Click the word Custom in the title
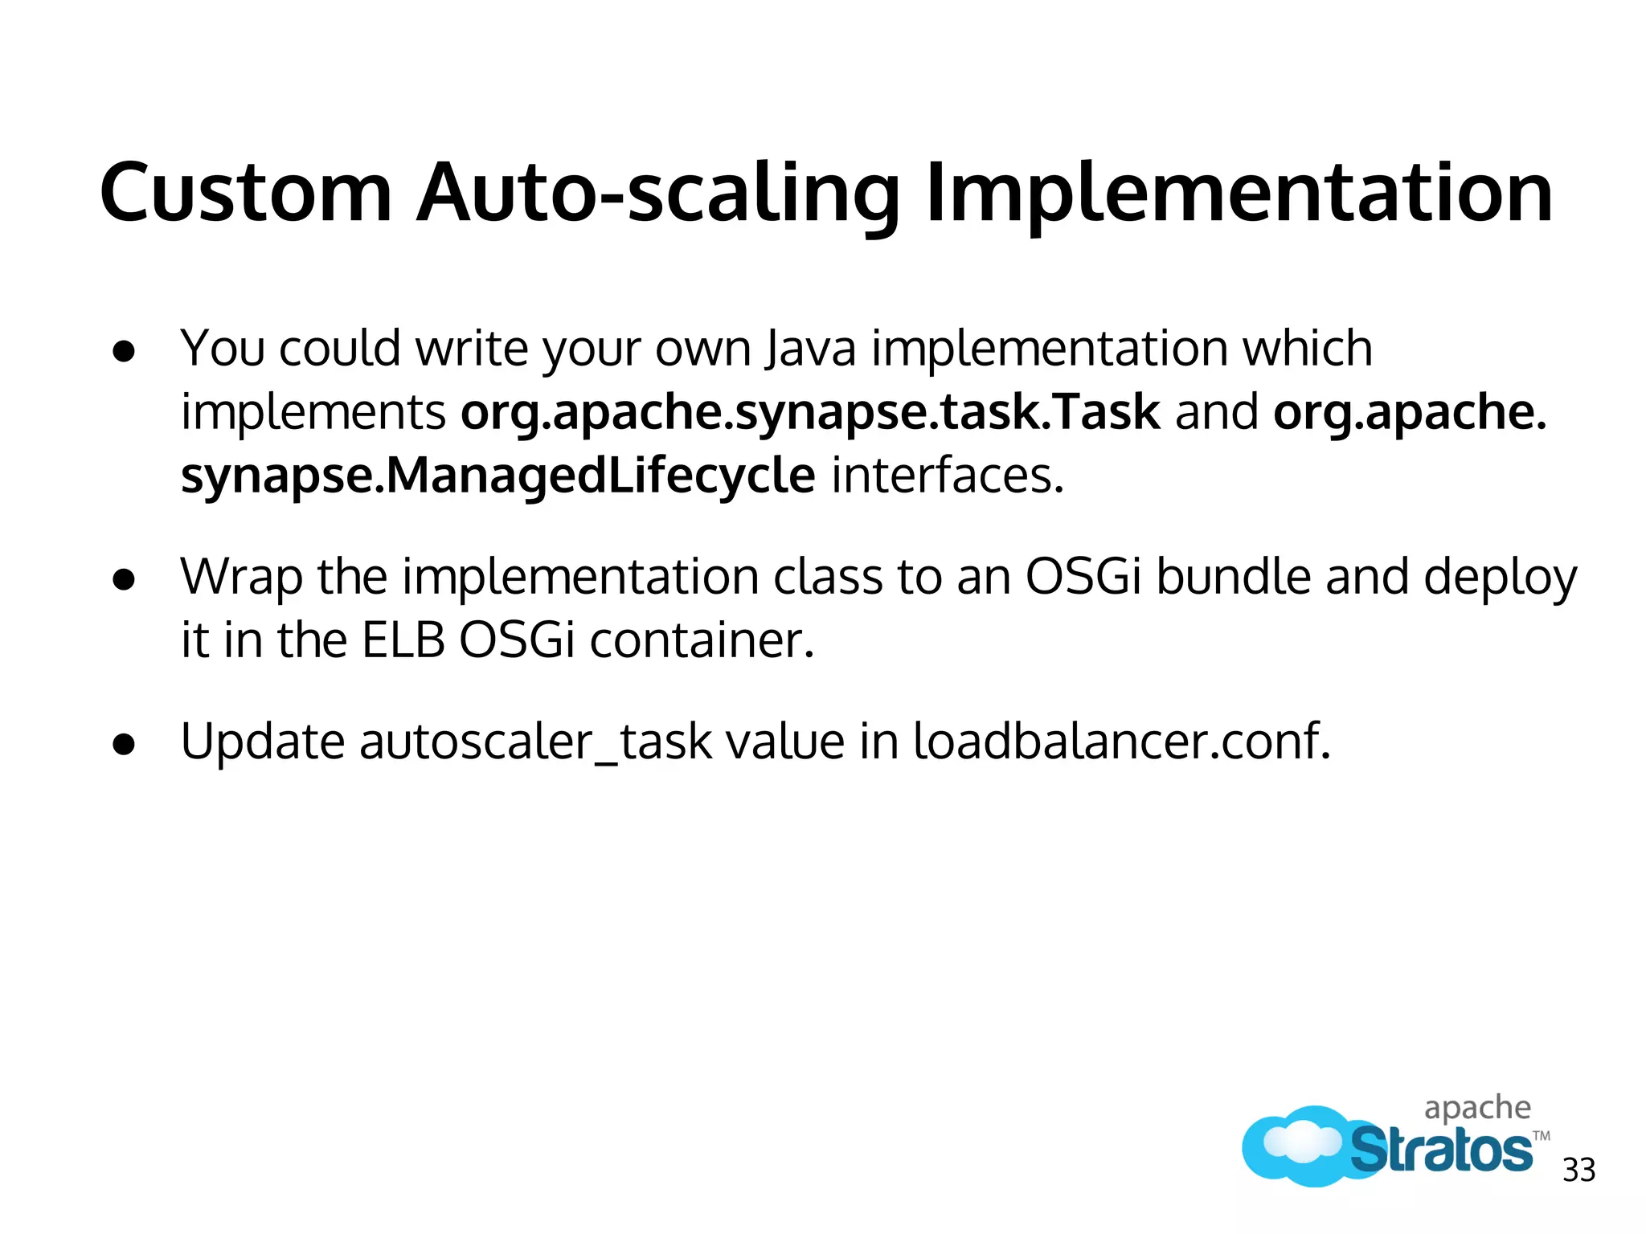click(x=245, y=193)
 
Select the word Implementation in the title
click(x=1239, y=193)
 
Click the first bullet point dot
click(x=124, y=351)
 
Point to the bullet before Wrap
click(x=124, y=579)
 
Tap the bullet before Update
click(x=124, y=743)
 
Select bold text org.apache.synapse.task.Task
click(x=810, y=412)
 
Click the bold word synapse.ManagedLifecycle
click(x=497, y=476)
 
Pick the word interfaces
click(x=947, y=476)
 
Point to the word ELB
click(x=403, y=641)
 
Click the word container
click(x=702, y=641)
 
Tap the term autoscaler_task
click(x=534, y=742)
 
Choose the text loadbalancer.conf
click(x=1121, y=741)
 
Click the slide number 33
click(x=1578, y=1171)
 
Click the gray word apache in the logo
click(x=1477, y=1109)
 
